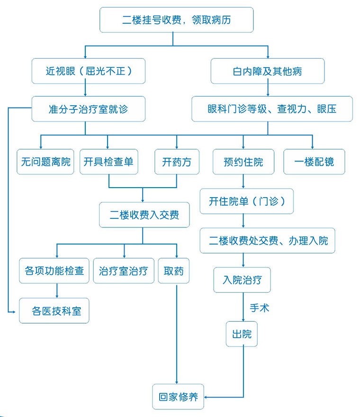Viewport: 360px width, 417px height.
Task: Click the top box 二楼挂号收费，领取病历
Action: [177, 20]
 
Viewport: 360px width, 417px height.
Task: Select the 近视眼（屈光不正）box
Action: [88, 71]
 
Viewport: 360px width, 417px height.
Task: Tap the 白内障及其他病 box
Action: [267, 71]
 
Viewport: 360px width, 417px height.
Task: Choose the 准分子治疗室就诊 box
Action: [88, 109]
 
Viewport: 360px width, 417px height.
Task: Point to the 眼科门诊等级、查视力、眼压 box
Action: [272, 109]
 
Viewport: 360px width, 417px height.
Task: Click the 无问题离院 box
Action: [45, 162]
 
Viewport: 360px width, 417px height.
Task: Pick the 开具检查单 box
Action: [108, 162]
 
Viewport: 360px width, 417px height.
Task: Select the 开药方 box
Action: [177, 162]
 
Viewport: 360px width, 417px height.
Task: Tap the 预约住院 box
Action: [243, 162]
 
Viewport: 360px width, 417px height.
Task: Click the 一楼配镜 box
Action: [314, 162]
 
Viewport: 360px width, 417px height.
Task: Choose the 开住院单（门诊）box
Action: [247, 201]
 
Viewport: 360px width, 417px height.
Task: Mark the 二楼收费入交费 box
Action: [144, 215]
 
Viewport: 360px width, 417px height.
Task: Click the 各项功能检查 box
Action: [54, 271]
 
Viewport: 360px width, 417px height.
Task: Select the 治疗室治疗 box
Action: [123, 271]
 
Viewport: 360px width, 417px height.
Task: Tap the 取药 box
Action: [173, 271]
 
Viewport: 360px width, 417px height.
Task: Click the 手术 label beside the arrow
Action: [259, 308]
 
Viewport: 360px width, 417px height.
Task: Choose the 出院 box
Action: [242, 334]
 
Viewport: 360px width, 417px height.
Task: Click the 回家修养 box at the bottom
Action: [178, 397]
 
